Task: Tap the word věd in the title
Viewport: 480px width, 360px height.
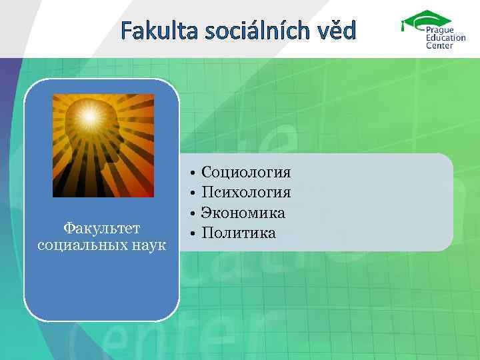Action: click(x=337, y=30)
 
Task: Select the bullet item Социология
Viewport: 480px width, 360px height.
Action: click(x=246, y=173)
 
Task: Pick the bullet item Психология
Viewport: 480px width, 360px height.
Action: click(x=246, y=193)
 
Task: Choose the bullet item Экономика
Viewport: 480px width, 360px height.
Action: click(x=243, y=213)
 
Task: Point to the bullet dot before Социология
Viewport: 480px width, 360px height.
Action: click(x=191, y=173)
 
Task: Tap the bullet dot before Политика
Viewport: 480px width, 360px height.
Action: click(x=191, y=233)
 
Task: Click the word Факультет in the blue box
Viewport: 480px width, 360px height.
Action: click(x=102, y=228)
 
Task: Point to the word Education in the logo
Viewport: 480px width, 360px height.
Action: click(x=446, y=38)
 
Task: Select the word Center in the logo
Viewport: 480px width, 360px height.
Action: click(x=440, y=46)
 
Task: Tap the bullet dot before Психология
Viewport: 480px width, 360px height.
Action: click(x=191, y=193)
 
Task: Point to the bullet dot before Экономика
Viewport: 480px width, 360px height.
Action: click(x=191, y=213)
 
